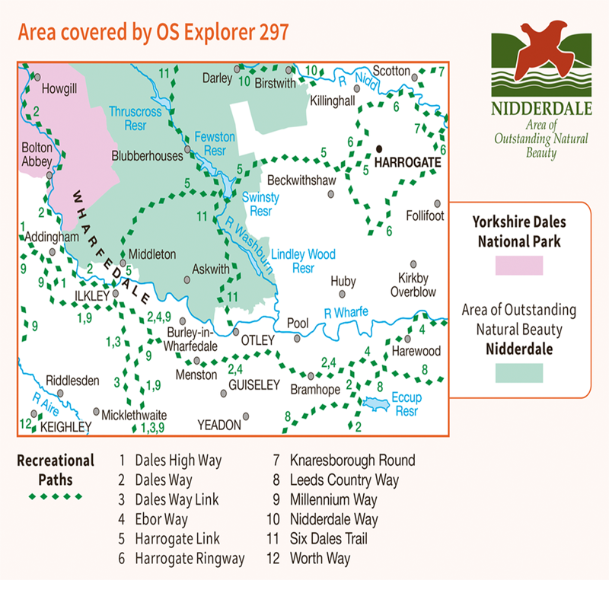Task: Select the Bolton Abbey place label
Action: coord(37,155)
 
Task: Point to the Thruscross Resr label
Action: coord(135,116)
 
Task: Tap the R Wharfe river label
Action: coord(346,311)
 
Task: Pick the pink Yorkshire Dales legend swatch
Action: coord(518,266)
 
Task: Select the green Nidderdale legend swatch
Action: coord(518,373)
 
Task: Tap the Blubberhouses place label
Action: coord(148,156)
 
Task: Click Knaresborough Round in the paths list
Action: coord(352,461)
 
